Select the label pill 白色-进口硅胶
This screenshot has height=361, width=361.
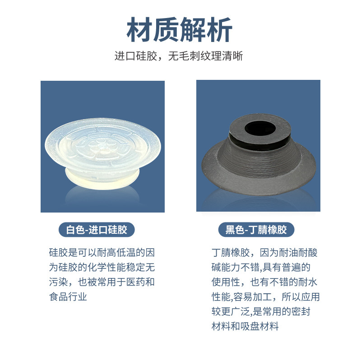(x=97, y=230)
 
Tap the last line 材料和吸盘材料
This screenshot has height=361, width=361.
(x=245, y=327)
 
